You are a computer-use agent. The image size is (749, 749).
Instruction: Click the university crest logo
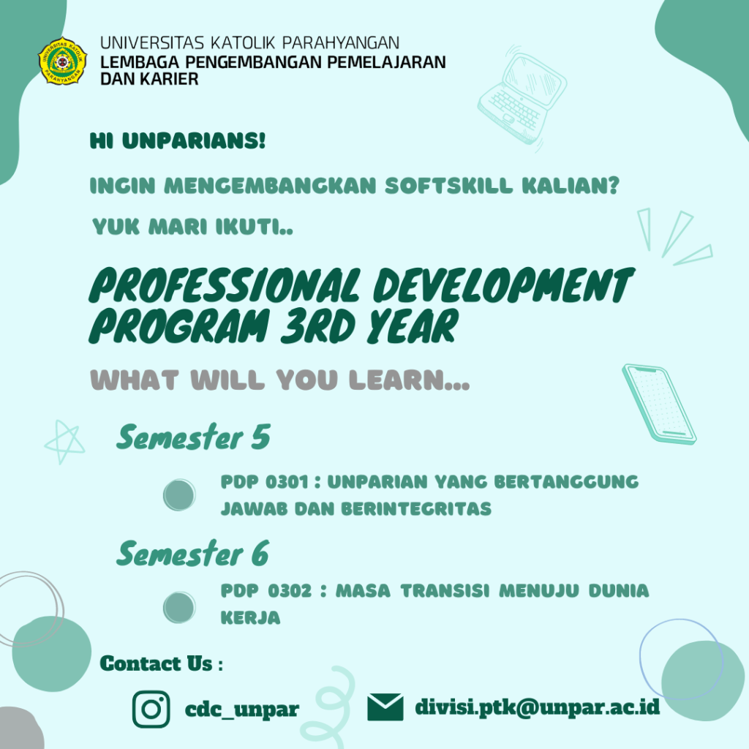click(62, 60)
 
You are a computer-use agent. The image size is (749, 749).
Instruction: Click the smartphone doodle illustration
click(658, 404)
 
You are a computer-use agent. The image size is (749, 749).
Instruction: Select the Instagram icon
click(151, 709)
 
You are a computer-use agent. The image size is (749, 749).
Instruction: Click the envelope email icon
click(385, 707)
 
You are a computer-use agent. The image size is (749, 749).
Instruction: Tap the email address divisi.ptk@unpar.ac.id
click(538, 707)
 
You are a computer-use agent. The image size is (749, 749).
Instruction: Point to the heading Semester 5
click(193, 438)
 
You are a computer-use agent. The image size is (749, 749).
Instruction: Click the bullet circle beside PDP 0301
click(179, 495)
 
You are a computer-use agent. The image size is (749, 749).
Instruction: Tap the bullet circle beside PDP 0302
click(179, 607)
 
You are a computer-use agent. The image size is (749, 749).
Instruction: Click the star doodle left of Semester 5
click(64, 442)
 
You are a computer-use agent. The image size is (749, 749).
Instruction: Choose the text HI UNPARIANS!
click(178, 141)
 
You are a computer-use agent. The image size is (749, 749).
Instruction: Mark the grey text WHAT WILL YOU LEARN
click(279, 380)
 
